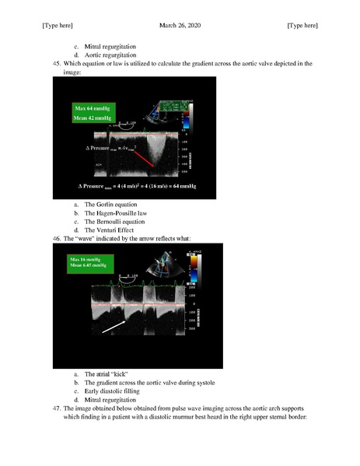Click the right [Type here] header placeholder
coord(302,26)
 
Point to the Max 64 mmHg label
coord(93,107)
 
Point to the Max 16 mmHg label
coord(85,258)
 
